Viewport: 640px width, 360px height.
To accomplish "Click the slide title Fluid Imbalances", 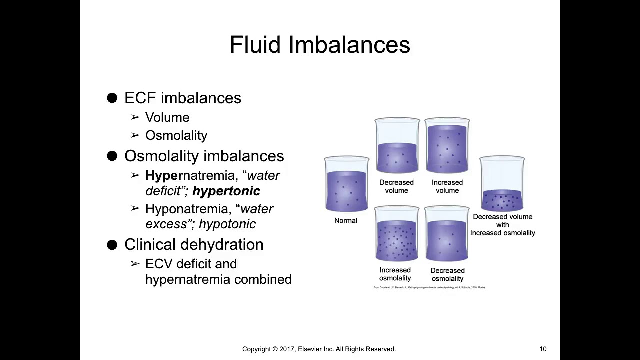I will (320, 45).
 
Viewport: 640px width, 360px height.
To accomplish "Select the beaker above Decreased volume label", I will (397, 146).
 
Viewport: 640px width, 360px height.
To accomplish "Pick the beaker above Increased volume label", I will (447, 146).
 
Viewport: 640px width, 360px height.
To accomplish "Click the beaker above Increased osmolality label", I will (397, 234).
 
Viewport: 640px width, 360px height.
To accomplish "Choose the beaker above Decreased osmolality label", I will (447, 234).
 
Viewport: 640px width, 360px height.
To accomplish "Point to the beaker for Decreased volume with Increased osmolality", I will (502, 184).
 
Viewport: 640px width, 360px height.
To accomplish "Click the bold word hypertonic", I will (226, 191).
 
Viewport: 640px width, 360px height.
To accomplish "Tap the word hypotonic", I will (227, 224).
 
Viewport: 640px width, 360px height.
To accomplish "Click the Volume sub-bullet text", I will (167, 117).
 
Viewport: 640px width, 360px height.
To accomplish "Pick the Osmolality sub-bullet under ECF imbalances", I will (176, 135).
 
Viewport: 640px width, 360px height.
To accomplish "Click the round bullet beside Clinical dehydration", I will (112, 245).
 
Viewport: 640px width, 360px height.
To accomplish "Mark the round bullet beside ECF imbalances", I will (112, 98).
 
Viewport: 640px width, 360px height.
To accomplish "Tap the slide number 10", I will (543, 349).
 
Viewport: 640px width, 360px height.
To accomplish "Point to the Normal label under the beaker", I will (346, 220).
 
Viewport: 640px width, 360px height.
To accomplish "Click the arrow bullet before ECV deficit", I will (135, 264).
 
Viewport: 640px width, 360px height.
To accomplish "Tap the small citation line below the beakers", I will (429, 287).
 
